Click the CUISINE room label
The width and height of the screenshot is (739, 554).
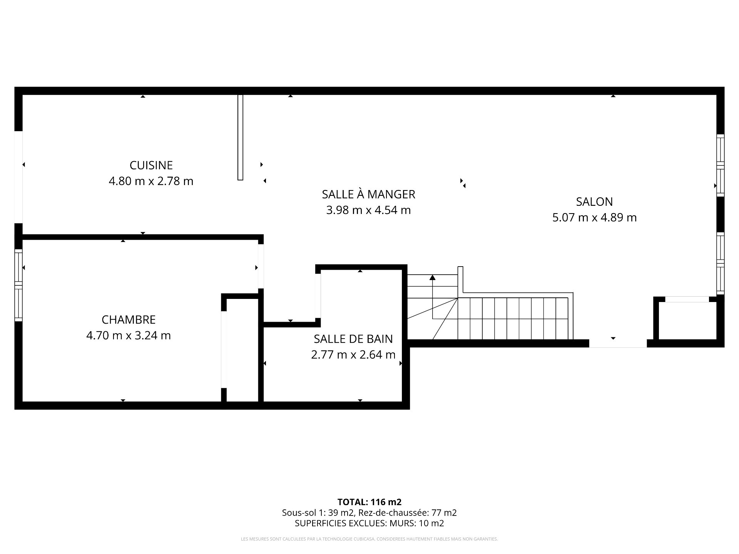click(x=151, y=165)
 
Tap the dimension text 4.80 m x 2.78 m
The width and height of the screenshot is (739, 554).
click(x=151, y=181)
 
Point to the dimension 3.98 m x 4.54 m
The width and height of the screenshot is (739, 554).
click(x=368, y=210)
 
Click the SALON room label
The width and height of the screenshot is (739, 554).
click(x=594, y=202)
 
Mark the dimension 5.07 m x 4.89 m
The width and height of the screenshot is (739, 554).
click(x=594, y=217)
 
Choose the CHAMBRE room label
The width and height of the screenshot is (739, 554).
click(x=129, y=320)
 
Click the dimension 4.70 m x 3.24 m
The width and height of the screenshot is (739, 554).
click(x=129, y=335)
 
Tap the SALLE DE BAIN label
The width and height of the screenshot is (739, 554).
click(x=353, y=339)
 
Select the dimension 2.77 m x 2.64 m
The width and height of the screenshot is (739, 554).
click(x=353, y=355)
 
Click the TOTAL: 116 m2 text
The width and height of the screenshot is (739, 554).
click(x=369, y=502)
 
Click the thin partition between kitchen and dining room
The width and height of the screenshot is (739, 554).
click(x=241, y=137)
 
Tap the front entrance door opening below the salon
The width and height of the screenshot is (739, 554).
click(x=618, y=344)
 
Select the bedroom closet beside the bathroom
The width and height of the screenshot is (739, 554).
click(x=242, y=350)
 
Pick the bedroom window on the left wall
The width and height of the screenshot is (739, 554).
click(x=18, y=285)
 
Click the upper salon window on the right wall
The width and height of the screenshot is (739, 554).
click(x=720, y=165)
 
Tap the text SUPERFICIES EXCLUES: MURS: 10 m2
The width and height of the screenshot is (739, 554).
click(x=369, y=523)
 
